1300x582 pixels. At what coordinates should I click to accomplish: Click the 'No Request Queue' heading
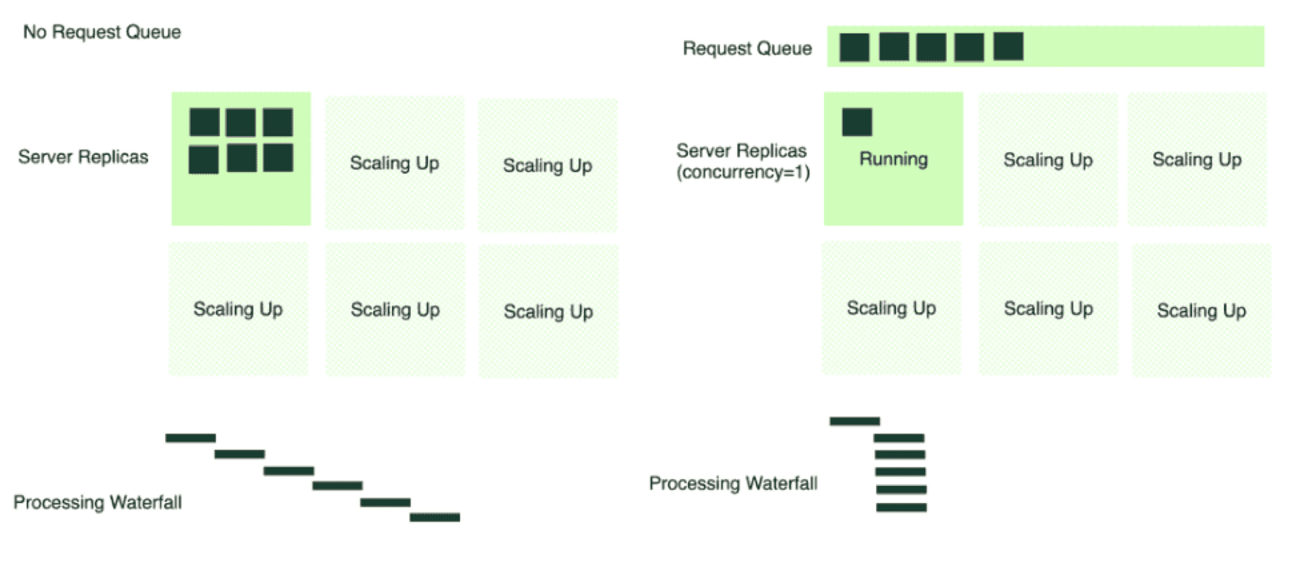102,32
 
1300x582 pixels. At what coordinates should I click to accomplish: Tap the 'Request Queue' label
747,48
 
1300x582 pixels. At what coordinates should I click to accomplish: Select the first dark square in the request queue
854,47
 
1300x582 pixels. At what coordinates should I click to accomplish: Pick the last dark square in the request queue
1007,46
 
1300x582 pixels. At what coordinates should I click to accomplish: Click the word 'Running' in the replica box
893,159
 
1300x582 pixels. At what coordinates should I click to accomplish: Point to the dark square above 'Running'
857,122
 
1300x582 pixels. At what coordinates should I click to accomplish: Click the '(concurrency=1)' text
743,173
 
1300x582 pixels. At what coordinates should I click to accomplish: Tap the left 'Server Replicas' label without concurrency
83,157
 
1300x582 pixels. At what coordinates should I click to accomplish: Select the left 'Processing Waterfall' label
97,502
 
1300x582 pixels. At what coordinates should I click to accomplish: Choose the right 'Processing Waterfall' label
733,483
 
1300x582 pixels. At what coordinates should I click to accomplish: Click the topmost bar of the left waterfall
190,438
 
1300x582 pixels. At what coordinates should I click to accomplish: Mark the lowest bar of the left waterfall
435,517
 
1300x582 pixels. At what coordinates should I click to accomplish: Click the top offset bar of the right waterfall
854,421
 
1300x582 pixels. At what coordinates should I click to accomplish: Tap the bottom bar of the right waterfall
901,507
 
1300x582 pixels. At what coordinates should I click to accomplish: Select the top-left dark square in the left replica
204,122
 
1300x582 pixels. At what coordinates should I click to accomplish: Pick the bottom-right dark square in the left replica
278,158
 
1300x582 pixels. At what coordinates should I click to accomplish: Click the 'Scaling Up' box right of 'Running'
1047,160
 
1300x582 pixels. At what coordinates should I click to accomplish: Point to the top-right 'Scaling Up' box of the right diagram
1196,160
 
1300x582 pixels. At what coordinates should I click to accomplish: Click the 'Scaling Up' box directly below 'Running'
891,309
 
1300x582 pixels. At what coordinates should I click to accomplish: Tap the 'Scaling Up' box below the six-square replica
238,309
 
